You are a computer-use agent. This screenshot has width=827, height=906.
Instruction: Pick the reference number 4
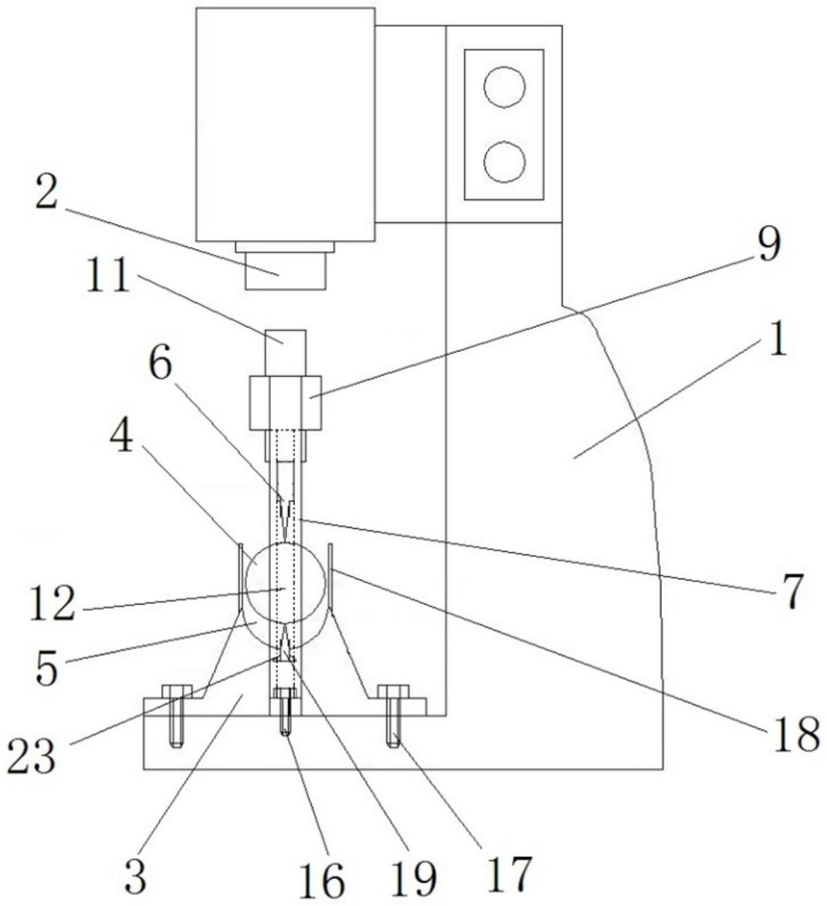121,437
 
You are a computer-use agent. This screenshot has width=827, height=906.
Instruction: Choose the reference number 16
322,879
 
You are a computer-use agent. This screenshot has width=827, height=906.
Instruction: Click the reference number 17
511,872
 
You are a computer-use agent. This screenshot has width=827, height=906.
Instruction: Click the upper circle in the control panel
504,86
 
